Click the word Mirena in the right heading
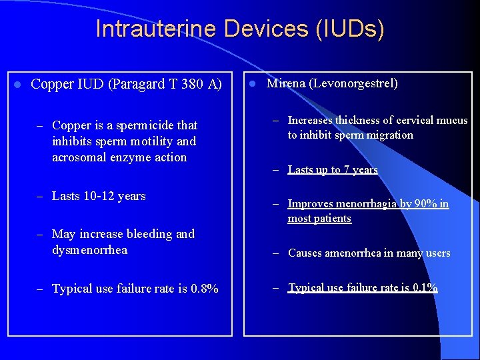coord(285,83)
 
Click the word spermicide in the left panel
coord(142,125)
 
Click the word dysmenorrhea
coord(89,250)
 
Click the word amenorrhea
coord(357,253)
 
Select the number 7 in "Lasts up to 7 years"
coord(347,169)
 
